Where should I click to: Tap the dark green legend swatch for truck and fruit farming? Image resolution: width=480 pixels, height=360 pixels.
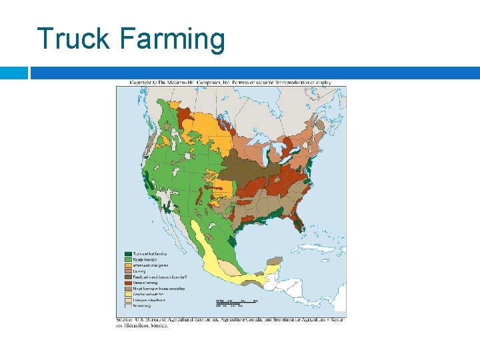pos(127,254)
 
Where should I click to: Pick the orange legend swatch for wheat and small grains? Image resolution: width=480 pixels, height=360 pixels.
pos(127,265)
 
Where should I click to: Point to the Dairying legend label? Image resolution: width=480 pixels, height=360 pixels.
pos(140,271)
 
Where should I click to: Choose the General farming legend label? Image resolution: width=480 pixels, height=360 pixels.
pos(145,283)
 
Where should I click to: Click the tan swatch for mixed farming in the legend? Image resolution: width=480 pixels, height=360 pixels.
pos(127,288)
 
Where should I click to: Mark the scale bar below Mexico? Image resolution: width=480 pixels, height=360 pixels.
pos(236,303)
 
